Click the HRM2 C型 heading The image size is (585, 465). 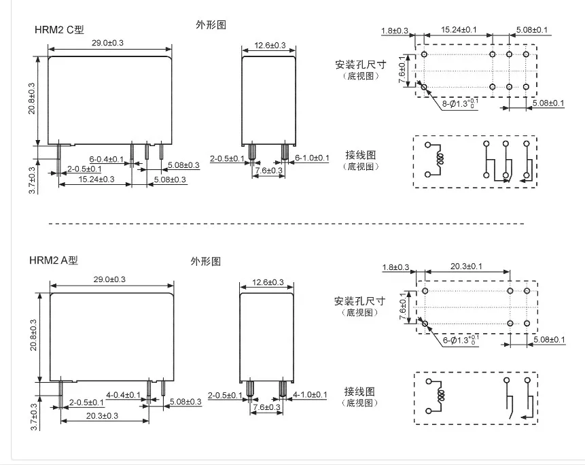(x=59, y=29)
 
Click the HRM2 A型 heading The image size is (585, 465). (x=54, y=260)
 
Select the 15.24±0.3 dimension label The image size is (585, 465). (x=96, y=179)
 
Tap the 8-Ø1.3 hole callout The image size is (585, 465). (x=460, y=103)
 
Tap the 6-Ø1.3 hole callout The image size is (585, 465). (x=461, y=340)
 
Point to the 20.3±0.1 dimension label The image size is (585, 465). (x=466, y=266)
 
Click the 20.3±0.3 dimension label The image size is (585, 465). (x=102, y=415)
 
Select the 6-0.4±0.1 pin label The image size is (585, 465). (x=106, y=159)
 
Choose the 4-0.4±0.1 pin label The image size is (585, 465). (x=123, y=395)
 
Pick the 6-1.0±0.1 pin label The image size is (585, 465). (x=312, y=158)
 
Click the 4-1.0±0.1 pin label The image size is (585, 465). (x=310, y=394)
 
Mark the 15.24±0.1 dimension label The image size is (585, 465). (x=459, y=29)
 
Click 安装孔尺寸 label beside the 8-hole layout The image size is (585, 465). (x=360, y=65)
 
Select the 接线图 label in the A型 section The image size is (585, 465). (x=359, y=391)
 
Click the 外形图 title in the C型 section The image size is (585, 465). (x=211, y=24)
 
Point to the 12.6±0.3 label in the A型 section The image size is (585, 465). (x=268, y=282)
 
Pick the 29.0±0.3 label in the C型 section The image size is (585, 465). (x=107, y=43)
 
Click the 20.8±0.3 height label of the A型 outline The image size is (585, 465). (x=33, y=334)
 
